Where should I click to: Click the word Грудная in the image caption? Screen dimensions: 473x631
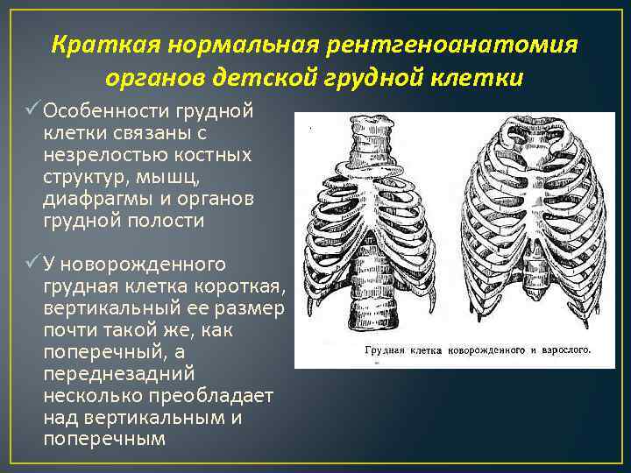(x=380, y=349)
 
